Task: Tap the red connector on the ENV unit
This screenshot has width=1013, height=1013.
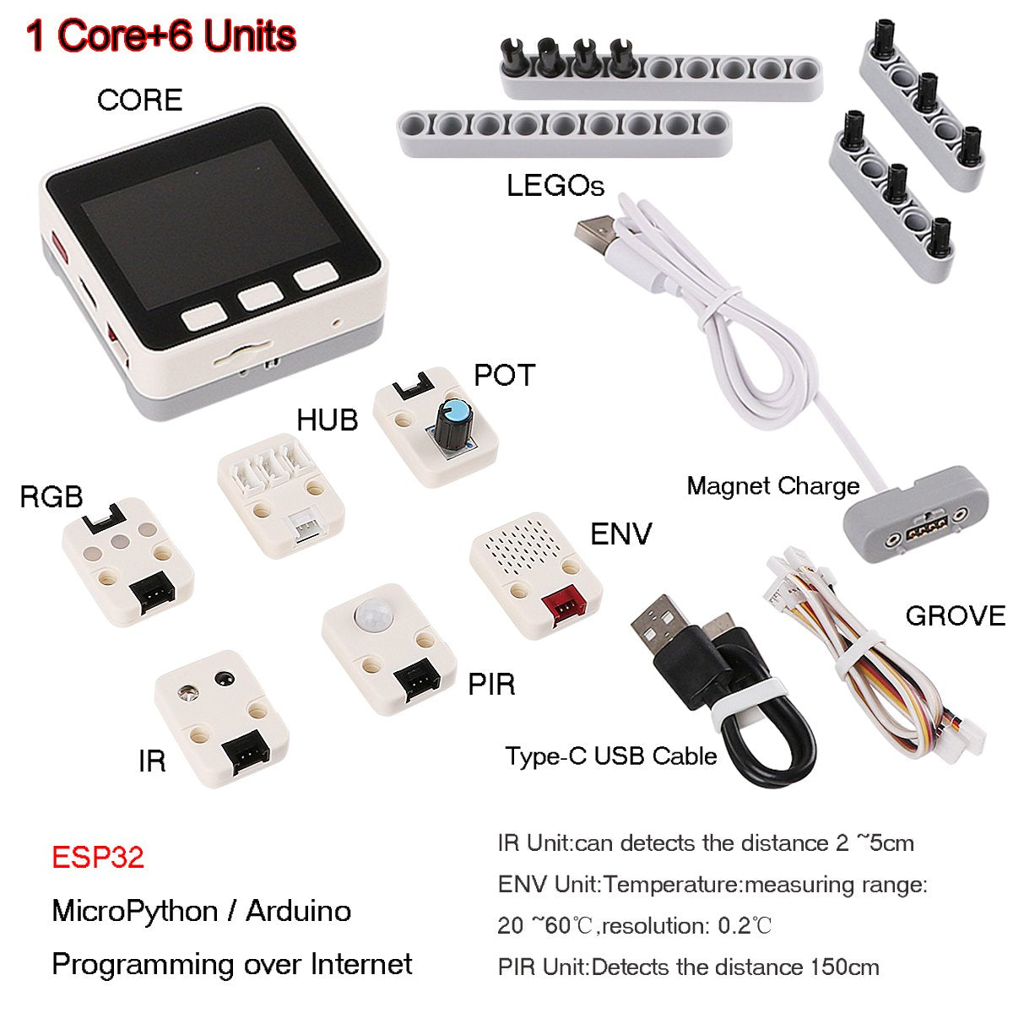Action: pos(564,608)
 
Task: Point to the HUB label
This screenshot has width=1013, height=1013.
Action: pos(327,420)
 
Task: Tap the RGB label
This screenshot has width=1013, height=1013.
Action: pos(51,496)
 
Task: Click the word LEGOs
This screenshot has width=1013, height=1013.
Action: pos(555,186)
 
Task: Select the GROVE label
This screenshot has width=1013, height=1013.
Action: pos(955,616)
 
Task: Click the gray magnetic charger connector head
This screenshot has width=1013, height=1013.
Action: pos(916,517)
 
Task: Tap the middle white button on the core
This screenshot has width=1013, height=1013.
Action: pos(260,296)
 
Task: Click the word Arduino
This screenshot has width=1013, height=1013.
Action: pos(299,911)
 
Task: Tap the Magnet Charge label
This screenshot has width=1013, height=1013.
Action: pos(773,487)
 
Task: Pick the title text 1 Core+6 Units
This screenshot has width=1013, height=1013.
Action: pos(161,35)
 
